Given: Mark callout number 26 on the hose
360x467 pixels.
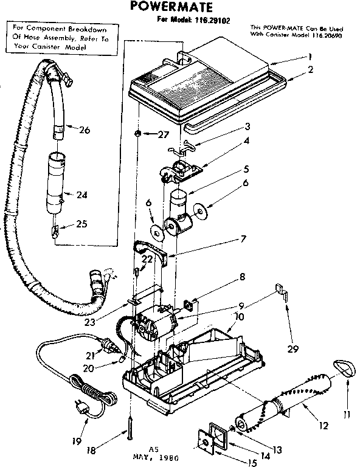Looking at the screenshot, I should click(84, 130).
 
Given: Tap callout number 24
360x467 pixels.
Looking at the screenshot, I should click(83, 195).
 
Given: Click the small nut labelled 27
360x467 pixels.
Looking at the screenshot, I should click(139, 133).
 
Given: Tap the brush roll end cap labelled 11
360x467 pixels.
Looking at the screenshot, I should click(344, 370).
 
